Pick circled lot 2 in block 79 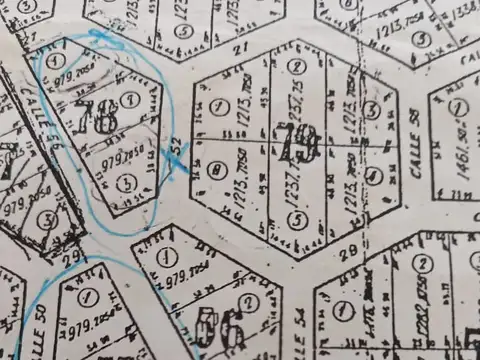coord(295,67)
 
